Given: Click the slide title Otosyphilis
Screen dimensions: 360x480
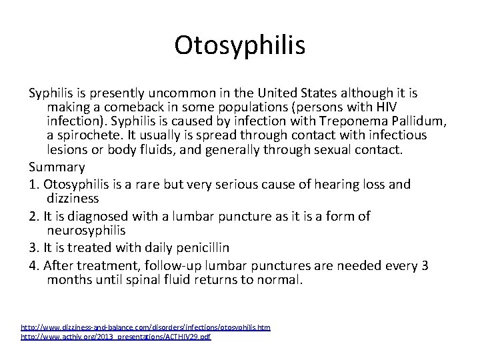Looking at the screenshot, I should click(x=240, y=45).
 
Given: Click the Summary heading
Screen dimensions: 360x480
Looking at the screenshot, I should click(x=57, y=167).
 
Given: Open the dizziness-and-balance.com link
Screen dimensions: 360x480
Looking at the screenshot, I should click(x=146, y=327).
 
